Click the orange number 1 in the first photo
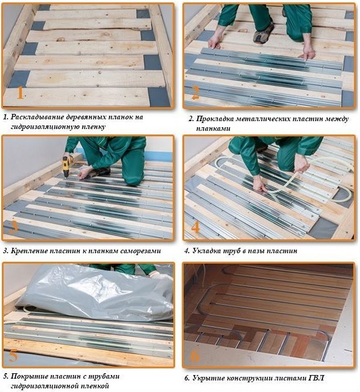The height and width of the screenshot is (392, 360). pyautogui.click(x=20, y=92)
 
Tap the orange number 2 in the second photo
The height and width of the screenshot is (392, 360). pyautogui.click(x=196, y=93)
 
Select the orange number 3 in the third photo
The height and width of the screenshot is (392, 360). pyautogui.click(x=13, y=227)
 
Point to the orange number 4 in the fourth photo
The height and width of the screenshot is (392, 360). pyautogui.click(x=196, y=227)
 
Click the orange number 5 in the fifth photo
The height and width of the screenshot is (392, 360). pyautogui.click(x=13, y=356)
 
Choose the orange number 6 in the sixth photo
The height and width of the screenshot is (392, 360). pyautogui.click(x=195, y=356)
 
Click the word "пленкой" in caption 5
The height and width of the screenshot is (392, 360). pyautogui.click(x=95, y=386)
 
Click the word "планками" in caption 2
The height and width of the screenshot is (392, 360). pyautogui.click(x=213, y=129)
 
